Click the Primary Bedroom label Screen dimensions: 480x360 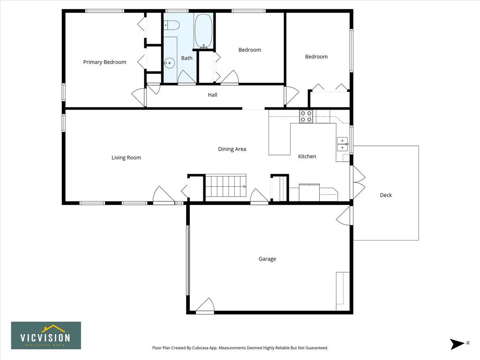[x=105, y=62]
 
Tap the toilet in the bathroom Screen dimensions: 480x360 [x=171, y=25]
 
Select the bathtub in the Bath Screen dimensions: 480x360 [x=203, y=31]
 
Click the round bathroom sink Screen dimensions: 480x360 [x=169, y=63]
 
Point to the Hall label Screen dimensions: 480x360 [x=212, y=95]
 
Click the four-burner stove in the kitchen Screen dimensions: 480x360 [x=306, y=116]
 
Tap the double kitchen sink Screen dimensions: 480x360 [x=342, y=144]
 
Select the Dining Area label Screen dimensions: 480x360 [x=232, y=149]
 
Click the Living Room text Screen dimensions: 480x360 [x=126, y=157]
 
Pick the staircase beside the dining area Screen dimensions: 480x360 [x=225, y=186]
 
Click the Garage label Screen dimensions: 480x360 [x=267, y=259]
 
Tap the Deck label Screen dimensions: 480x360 [x=386, y=195]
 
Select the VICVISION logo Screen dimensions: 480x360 [x=46, y=336]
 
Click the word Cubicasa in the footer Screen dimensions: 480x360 [x=201, y=348]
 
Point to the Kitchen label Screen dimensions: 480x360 [x=307, y=157]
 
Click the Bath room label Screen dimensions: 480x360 [x=187, y=58]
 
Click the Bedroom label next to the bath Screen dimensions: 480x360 [x=250, y=50]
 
